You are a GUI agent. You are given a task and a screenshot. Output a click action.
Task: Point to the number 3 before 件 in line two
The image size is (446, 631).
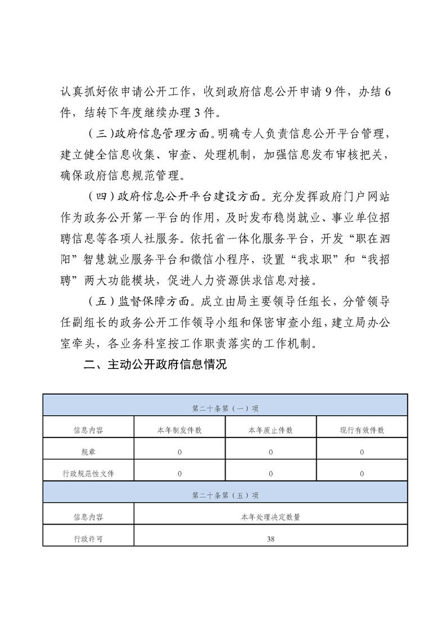[197, 113]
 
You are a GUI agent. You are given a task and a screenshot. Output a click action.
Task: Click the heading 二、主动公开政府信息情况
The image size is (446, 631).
[155, 364]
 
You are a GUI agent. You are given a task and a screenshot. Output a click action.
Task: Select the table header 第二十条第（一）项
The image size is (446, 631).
[225, 408]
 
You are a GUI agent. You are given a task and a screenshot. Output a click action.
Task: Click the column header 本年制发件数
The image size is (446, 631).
[179, 430]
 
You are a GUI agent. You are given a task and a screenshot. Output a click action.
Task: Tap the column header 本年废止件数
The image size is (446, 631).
[271, 430]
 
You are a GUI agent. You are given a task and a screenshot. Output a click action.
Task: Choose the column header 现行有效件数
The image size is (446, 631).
[362, 430]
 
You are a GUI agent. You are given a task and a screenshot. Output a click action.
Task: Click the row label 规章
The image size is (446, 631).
[88, 452]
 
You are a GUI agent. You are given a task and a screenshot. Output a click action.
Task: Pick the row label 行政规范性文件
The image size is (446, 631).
[88, 474]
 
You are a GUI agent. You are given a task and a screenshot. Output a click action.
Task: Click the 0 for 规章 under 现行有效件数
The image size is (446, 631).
[362, 452]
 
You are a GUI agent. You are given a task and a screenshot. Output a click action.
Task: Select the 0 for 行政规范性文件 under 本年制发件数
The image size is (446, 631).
[179, 474]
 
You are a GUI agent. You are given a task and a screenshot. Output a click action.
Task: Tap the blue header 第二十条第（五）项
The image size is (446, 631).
[225, 495]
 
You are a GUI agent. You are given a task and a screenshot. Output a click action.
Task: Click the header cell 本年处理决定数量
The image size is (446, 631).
[271, 517]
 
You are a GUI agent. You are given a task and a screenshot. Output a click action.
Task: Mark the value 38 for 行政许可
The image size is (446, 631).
[271, 538]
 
